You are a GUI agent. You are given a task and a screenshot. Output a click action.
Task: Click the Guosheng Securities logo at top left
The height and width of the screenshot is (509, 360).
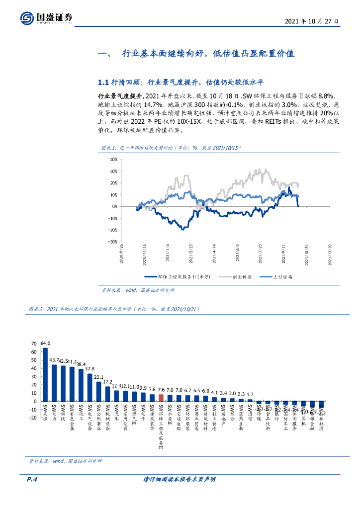coord(47,18)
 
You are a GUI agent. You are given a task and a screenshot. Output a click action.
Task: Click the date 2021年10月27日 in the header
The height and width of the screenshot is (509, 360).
coord(312,21)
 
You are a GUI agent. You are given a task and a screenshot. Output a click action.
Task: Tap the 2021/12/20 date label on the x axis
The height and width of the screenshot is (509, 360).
coord(328,253)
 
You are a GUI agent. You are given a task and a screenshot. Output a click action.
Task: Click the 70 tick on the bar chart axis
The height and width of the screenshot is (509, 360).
coord(34,343)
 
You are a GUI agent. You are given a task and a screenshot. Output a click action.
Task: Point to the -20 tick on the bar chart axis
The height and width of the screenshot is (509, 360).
coord(33,418)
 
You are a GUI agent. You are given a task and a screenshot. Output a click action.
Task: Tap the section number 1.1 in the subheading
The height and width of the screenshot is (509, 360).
coord(103,82)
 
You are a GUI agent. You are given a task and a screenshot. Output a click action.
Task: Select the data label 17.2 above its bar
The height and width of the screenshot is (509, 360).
coord(107,382)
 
